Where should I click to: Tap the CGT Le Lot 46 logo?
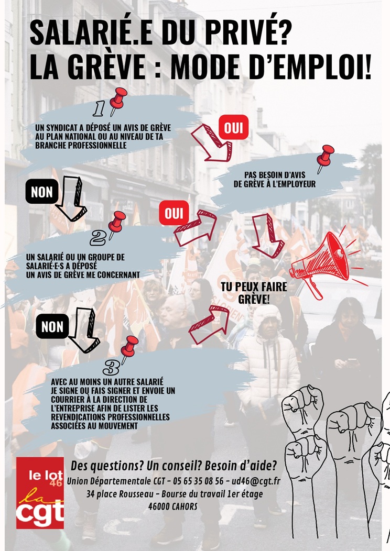point(40,493)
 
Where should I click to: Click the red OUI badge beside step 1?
point(233,128)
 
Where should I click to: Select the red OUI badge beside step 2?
point(174,213)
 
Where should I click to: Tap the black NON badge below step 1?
point(42,192)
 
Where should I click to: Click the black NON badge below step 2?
point(52,326)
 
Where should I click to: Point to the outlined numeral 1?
point(99,108)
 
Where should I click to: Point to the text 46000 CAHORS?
point(172,506)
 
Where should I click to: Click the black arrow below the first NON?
point(71,198)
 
